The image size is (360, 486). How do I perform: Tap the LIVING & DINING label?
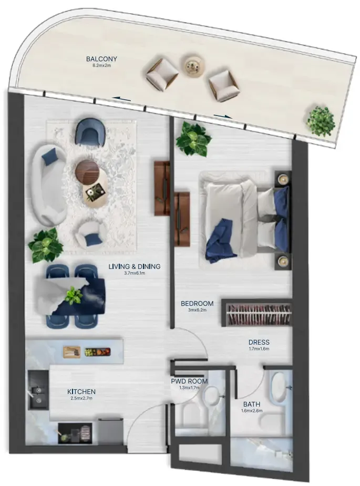click(134, 266)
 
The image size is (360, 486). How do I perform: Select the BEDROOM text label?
click(197, 303)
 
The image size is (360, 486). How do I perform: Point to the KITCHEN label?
click(81, 392)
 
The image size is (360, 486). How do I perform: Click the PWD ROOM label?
click(189, 381)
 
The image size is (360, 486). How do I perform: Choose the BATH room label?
click(251, 404)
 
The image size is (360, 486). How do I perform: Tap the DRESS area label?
click(259, 342)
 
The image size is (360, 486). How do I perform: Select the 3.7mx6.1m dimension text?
click(134, 273)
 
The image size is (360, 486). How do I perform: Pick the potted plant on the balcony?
click(321, 121)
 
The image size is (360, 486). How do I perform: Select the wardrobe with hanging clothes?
click(257, 313)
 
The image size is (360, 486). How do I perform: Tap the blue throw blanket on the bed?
click(220, 241)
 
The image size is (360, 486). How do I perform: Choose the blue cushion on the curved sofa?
click(49, 157)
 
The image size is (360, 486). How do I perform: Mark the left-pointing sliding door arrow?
click(121, 99)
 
